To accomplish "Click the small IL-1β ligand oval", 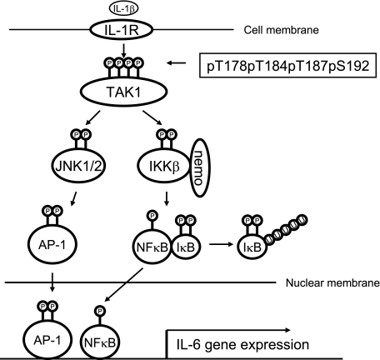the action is [123, 8].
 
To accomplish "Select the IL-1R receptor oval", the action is [121, 29].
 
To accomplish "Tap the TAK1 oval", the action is [124, 92].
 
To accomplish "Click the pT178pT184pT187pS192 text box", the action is [287, 66].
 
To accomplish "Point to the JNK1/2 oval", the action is [79, 165].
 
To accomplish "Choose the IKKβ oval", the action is [164, 166].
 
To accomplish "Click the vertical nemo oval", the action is [198, 167].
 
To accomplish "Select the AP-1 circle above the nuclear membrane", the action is [52, 244].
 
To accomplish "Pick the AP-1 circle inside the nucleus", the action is [47, 340].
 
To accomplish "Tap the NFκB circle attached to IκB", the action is [152, 247].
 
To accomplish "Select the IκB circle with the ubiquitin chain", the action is [252, 247].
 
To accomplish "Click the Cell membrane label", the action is [281, 30].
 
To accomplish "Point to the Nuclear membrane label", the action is [332, 282].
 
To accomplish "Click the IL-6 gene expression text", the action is [242, 344].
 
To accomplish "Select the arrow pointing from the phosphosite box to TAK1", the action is [176, 63].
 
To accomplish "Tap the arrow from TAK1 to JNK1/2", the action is [93, 117].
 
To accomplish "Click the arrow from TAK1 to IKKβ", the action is [152, 117].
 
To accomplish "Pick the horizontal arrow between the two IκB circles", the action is [221, 244].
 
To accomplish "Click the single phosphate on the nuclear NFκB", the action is [100, 310].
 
